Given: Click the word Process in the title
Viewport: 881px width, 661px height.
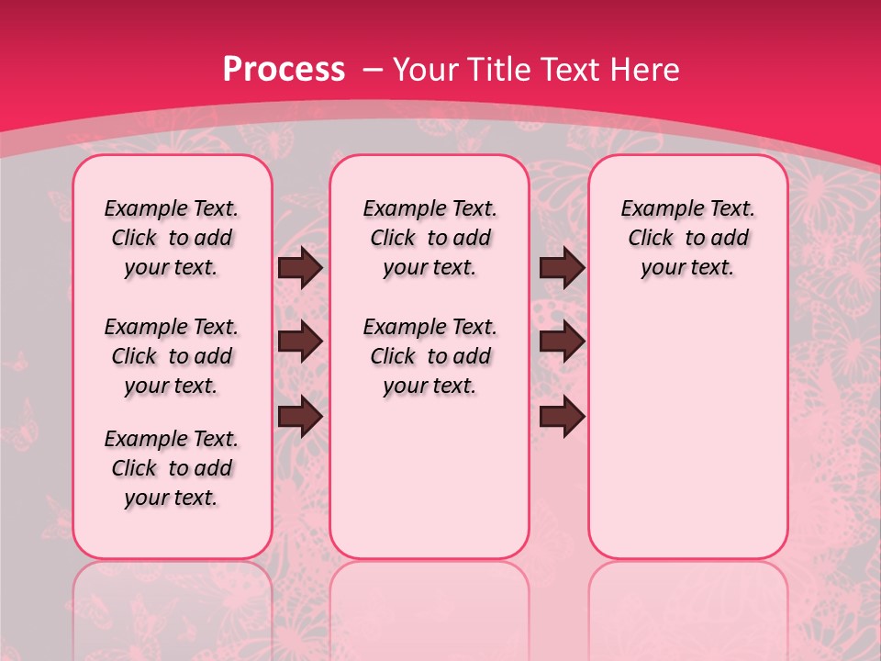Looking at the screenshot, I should click(x=284, y=69).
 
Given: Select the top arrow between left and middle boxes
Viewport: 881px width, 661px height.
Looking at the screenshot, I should click(x=300, y=268).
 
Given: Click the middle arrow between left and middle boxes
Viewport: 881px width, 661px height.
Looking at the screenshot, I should click(x=300, y=342).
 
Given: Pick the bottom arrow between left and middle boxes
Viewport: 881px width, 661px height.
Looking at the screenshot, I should click(x=300, y=417).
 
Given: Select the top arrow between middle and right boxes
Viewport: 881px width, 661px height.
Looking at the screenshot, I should click(x=563, y=268).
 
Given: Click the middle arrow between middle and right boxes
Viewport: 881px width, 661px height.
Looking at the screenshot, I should click(x=563, y=342).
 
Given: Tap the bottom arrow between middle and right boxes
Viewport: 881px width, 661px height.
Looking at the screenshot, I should click(x=563, y=417).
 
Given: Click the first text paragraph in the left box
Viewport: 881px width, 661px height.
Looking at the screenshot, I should click(x=172, y=238).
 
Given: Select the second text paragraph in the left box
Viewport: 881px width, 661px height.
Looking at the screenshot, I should click(x=172, y=356).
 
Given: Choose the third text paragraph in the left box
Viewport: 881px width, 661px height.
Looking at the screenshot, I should click(x=172, y=468).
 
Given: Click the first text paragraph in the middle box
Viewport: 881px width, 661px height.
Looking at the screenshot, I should click(x=430, y=238).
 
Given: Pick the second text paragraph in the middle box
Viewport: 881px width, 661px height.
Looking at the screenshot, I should click(x=430, y=356).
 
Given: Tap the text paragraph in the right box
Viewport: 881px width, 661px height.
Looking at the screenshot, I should click(x=688, y=238).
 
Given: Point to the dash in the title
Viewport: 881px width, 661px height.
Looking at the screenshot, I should click(x=373, y=70).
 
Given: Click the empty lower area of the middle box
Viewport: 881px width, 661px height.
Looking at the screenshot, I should click(x=430, y=477).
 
